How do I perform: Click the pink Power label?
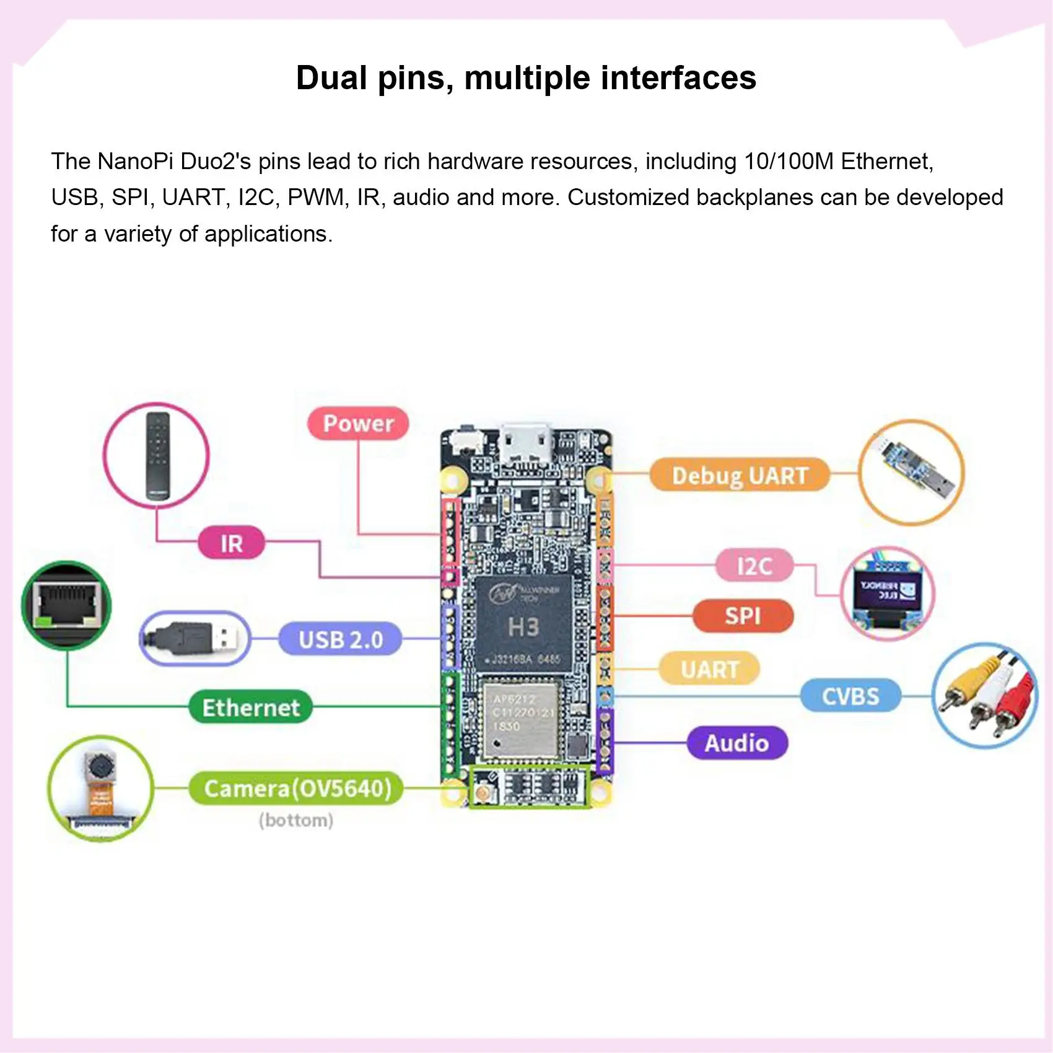coord(358,424)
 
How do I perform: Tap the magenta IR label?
coord(231,543)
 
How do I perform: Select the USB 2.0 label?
coord(340,639)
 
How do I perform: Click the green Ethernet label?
coord(250,707)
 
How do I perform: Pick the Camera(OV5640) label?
coord(297,789)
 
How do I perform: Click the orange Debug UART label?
coord(740,475)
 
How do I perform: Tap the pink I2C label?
coord(754,566)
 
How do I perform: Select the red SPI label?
coord(743,616)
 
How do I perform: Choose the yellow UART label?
coord(709,669)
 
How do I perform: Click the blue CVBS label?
coord(850,696)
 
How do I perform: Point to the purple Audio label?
coord(736,743)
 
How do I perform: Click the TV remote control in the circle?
coord(157,456)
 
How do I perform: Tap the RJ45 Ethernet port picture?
coord(67,605)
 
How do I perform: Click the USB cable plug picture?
coord(196,638)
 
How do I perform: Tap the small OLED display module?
coord(887,593)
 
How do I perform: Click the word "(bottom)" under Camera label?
coord(296,820)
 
